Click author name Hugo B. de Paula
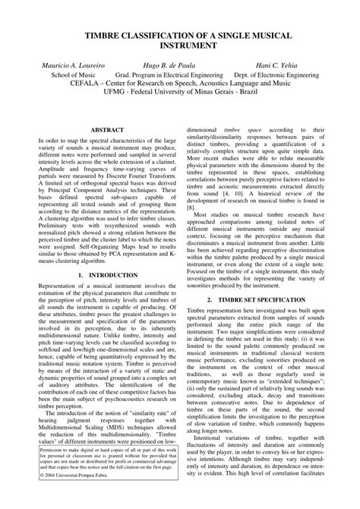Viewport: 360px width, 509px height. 172,67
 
